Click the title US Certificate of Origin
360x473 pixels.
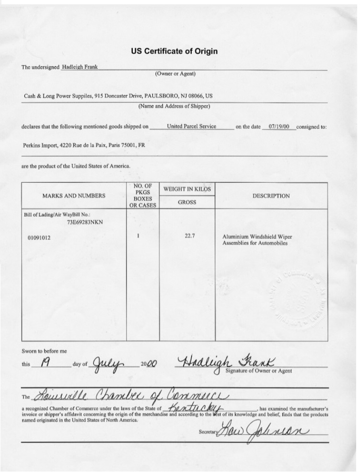174,51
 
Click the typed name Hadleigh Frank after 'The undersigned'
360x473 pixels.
80,67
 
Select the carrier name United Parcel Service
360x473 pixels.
191,127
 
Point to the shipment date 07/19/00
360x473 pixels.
279,127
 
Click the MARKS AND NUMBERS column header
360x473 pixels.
74,196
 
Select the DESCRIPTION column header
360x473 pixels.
272,196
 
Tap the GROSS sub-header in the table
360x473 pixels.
187,202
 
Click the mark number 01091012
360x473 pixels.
39,237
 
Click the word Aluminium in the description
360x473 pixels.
234,237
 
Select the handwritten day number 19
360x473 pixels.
46,364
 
